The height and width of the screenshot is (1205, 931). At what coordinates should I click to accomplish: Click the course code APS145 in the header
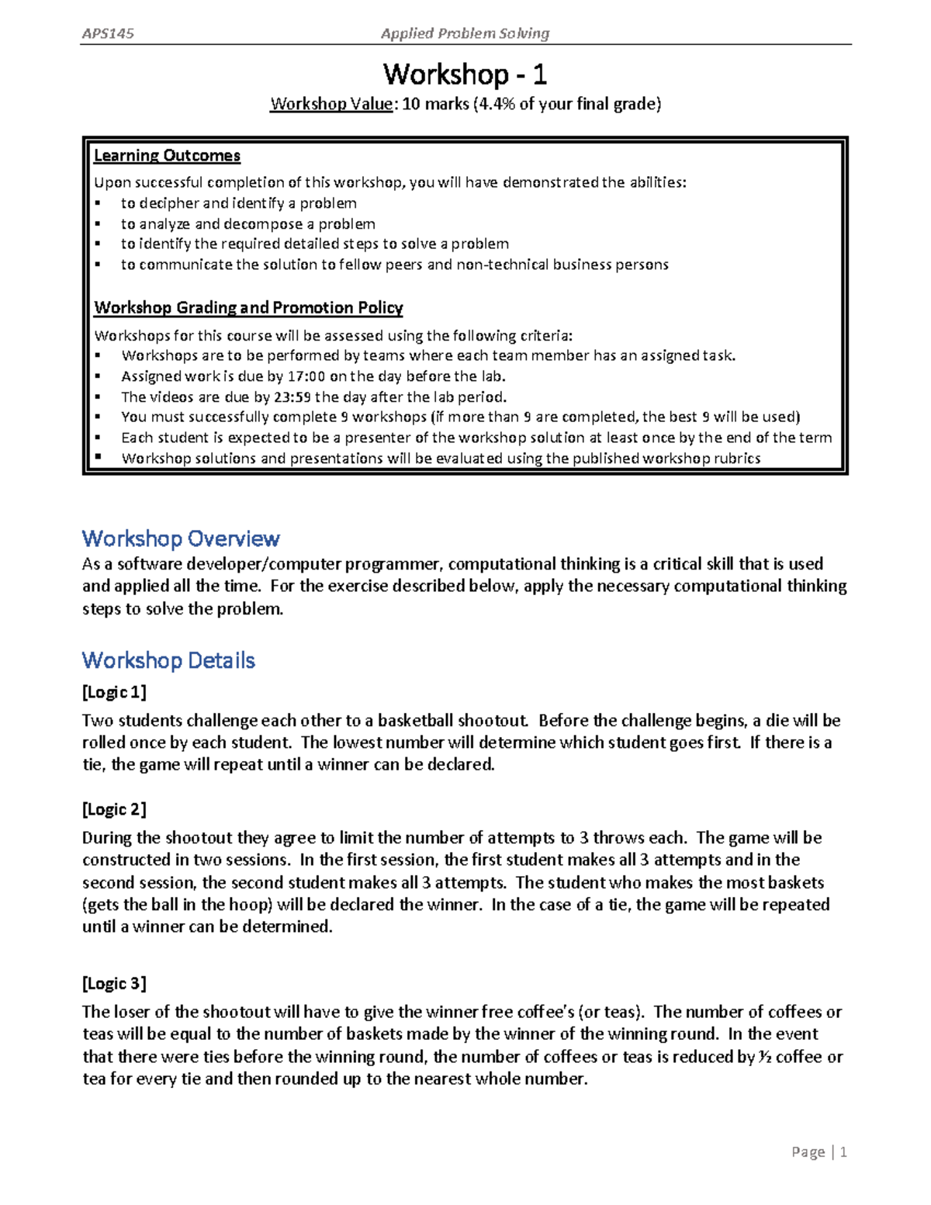(108, 33)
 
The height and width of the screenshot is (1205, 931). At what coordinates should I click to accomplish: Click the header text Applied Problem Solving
(465, 33)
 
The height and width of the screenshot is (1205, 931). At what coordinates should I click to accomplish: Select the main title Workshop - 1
(465, 74)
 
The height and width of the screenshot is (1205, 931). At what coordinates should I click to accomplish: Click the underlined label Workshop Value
(331, 104)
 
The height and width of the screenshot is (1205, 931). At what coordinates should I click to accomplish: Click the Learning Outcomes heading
(167, 156)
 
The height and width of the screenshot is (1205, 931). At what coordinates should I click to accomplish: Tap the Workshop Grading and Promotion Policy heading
(248, 308)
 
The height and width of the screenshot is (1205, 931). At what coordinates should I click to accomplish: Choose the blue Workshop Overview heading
(181, 538)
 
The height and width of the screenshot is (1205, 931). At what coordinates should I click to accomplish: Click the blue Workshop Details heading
(168, 660)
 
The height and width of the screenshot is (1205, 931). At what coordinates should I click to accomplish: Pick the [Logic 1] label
(114, 692)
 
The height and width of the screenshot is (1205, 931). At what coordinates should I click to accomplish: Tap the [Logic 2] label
(114, 809)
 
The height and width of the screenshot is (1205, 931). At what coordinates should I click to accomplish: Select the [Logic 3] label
(114, 984)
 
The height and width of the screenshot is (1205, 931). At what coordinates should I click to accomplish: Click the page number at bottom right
(843, 1152)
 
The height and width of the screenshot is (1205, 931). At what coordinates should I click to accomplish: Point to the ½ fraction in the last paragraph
(765, 1057)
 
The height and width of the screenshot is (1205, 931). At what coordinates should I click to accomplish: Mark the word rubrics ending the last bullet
(738, 459)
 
